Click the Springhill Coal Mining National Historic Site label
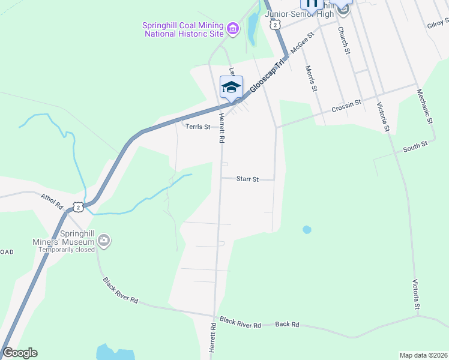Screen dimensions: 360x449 [182, 29]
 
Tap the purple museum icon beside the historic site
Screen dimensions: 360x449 [233, 28]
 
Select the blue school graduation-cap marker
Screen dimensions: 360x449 [231, 87]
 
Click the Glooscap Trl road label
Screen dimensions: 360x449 [267, 77]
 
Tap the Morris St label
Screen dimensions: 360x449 [310, 79]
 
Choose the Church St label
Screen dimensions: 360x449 [343, 40]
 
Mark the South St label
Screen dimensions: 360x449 [415, 146]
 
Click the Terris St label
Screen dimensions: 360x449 [197, 127]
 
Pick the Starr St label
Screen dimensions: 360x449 [247, 179]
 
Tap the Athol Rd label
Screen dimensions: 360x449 [52, 200]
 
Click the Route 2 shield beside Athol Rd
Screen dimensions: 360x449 [77, 206]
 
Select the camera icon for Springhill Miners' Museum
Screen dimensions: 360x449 [104, 241]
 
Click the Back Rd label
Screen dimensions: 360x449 [287, 325]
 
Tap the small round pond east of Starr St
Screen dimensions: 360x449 [307, 229]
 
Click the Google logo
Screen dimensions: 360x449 [19, 353]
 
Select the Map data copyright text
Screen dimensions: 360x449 [423, 355]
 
